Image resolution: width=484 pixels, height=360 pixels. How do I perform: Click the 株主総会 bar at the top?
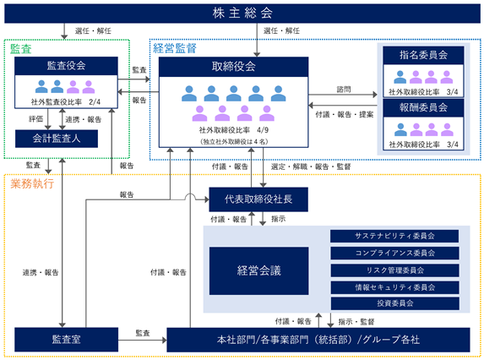pos(242,14)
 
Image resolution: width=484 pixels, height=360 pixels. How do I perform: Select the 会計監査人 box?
pos(57,139)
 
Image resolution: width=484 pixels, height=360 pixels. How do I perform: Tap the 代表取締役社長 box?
pos(258,199)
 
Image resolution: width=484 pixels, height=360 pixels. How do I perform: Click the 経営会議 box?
pos(258,270)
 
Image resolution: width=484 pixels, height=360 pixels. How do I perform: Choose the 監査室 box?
pos(67,340)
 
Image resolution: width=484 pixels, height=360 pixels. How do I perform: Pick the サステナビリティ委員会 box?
pos(394,236)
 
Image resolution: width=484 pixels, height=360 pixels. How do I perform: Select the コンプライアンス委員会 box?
pos(394,254)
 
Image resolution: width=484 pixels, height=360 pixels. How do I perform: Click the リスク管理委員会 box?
pos(394,270)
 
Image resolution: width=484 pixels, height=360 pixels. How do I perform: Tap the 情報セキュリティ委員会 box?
pos(394,287)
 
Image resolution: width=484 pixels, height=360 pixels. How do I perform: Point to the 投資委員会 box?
pos(394,303)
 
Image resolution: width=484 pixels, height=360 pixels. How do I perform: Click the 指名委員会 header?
pos(423,55)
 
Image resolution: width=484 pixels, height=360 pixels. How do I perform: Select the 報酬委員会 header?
pos(423,107)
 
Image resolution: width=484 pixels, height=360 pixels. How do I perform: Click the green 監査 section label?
pos(21,49)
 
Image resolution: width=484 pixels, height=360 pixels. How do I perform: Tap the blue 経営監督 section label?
pos(175,48)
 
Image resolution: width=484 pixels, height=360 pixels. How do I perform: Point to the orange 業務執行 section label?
pos(32,183)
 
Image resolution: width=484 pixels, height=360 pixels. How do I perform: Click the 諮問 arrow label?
pos(344,90)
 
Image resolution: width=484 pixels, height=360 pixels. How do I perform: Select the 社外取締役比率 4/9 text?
pos(234,130)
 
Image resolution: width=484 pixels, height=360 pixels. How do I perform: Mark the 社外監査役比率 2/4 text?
pos(66,102)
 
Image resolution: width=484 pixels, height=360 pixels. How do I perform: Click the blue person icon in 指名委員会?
pos(400,77)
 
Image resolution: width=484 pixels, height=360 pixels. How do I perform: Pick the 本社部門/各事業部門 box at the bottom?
pos(318,340)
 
